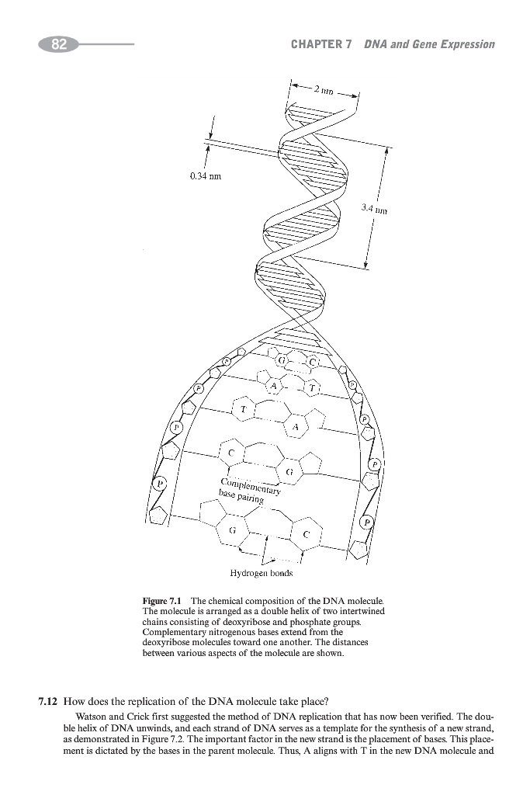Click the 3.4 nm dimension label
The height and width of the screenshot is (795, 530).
(x=373, y=208)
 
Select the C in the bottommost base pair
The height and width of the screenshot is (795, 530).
(x=307, y=534)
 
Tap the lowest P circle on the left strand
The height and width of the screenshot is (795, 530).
(x=161, y=483)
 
